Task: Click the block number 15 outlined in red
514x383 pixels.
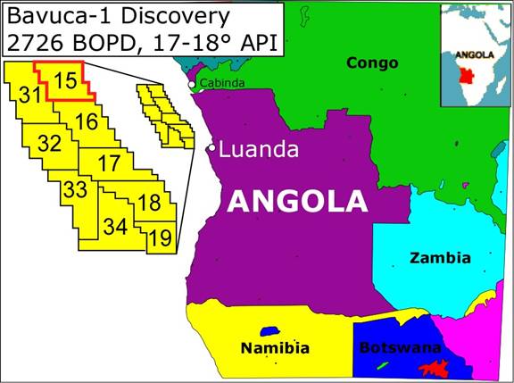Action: click(64, 79)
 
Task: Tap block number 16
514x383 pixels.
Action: click(86, 121)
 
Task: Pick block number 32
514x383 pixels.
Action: click(50, 144)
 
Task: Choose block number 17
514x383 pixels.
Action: click(109, 163)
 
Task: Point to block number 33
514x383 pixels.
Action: click(75, 189)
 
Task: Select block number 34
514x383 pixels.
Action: click(115, 226)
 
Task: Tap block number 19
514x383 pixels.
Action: click(161, 237)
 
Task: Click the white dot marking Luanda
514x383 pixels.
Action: click(211, 148)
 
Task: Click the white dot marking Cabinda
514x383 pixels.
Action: click(192, 84)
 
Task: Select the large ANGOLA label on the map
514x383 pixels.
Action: click(297, 201)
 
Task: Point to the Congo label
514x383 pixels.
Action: click(372, 62)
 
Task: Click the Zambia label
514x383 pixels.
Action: click(439, 258)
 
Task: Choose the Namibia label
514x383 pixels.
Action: click(276, 347)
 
